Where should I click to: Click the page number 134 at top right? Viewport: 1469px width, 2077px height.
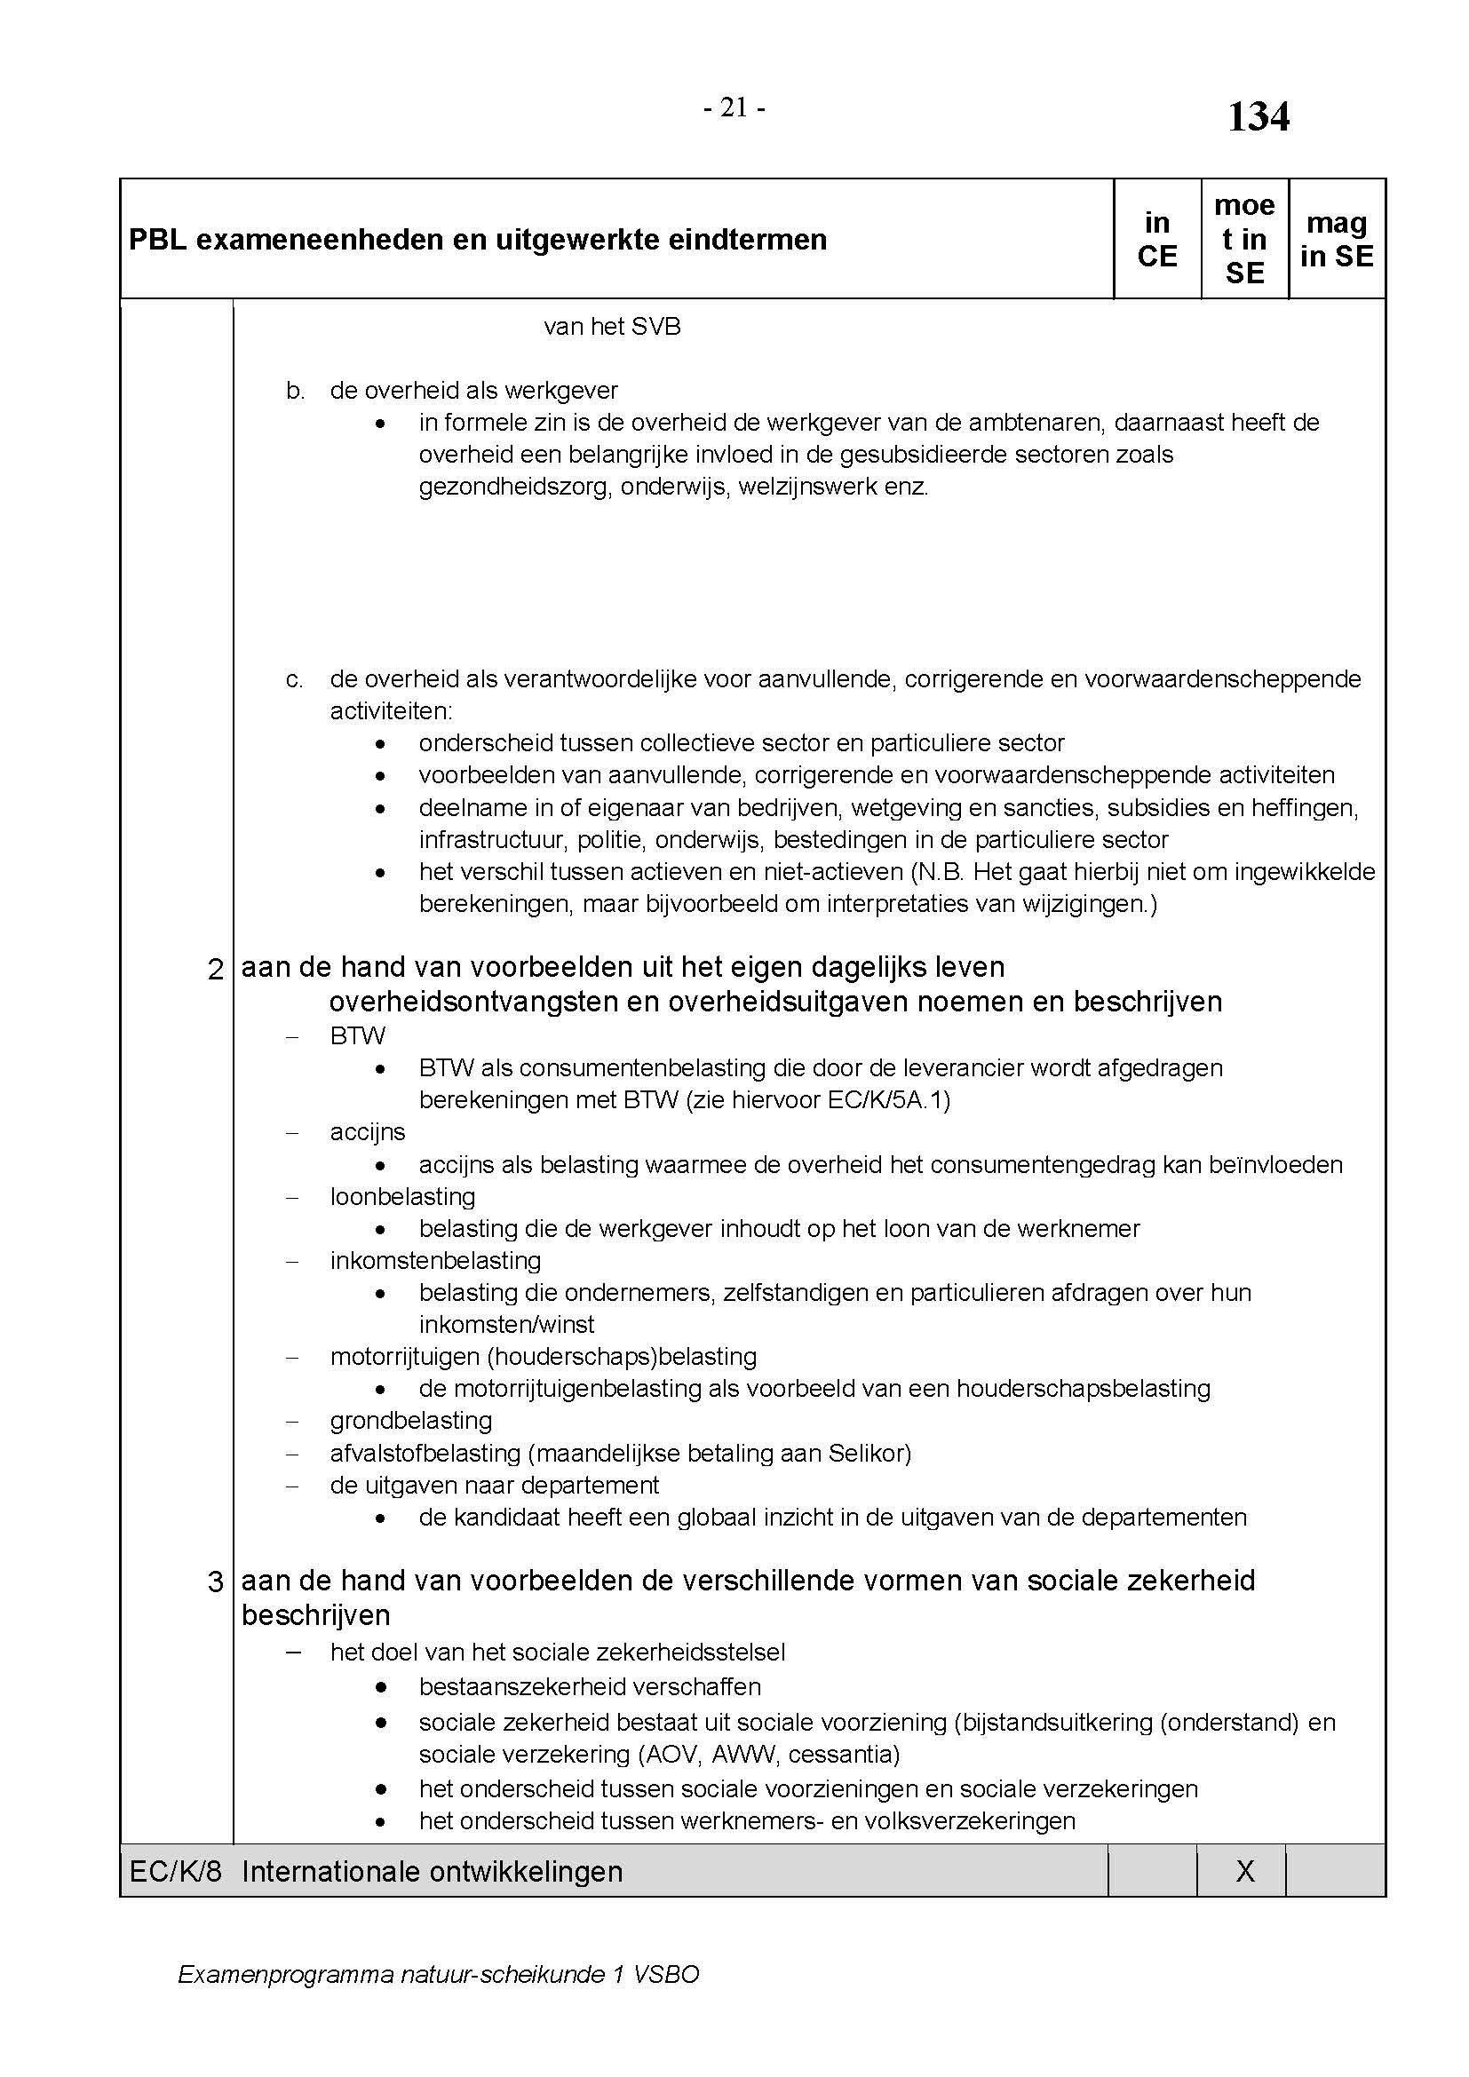1258,117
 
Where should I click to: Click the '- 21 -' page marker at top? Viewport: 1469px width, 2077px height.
734,108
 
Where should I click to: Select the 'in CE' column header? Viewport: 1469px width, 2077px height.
1157,239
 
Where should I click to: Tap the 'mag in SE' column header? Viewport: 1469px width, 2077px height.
1336,239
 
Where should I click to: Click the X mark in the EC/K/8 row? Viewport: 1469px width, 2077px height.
1244,1872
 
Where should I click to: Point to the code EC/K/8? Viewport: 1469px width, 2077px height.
176,1872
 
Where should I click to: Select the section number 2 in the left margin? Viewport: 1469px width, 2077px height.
215,970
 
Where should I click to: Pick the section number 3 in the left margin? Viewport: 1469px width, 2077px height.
215,1582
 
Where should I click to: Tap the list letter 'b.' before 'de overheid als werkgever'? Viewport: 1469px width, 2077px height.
295,391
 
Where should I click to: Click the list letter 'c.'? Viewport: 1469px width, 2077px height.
295,679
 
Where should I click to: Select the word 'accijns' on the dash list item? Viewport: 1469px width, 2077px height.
368,1131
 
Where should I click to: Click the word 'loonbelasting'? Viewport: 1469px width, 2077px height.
402,1196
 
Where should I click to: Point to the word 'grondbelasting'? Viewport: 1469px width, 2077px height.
410,1420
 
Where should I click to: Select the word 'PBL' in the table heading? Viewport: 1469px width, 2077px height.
155,240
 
